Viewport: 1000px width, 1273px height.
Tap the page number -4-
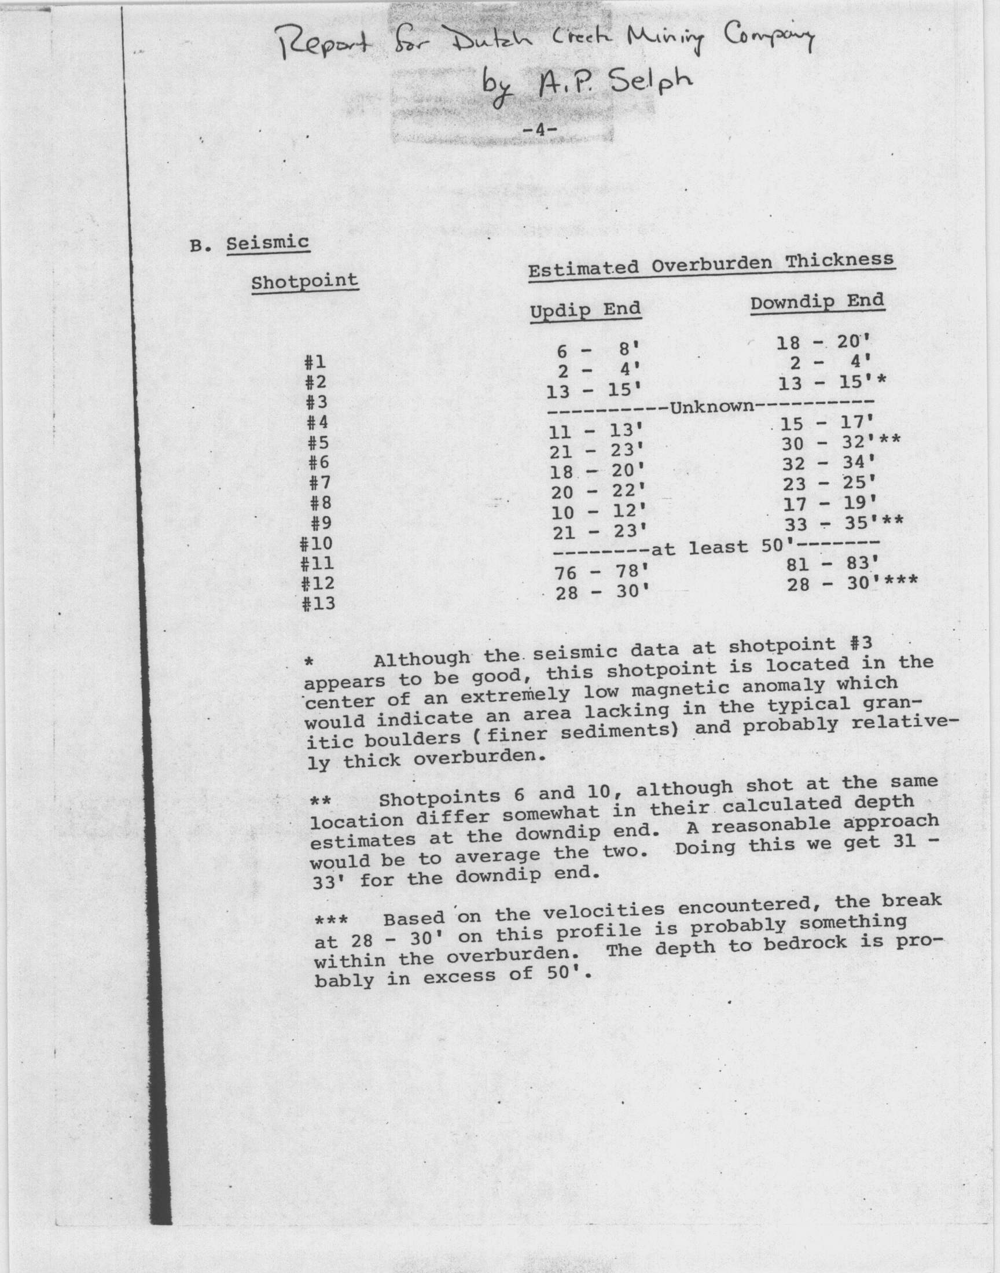tap(538, 131)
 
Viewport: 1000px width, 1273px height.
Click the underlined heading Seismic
tap(267, 243)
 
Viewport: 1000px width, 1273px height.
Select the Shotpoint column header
tap(304, 282)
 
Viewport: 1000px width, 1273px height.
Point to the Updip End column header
tap(586, 310)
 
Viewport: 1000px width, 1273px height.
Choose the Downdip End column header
tap(817, 302)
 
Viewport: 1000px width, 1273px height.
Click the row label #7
tap(320, 483)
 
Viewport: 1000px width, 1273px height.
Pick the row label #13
tap(318, 603)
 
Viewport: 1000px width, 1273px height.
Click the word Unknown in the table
tap(712, 406)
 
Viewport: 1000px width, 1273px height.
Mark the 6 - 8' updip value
tap(597, 351)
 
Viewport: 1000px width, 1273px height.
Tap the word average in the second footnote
tap(498, 856)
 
